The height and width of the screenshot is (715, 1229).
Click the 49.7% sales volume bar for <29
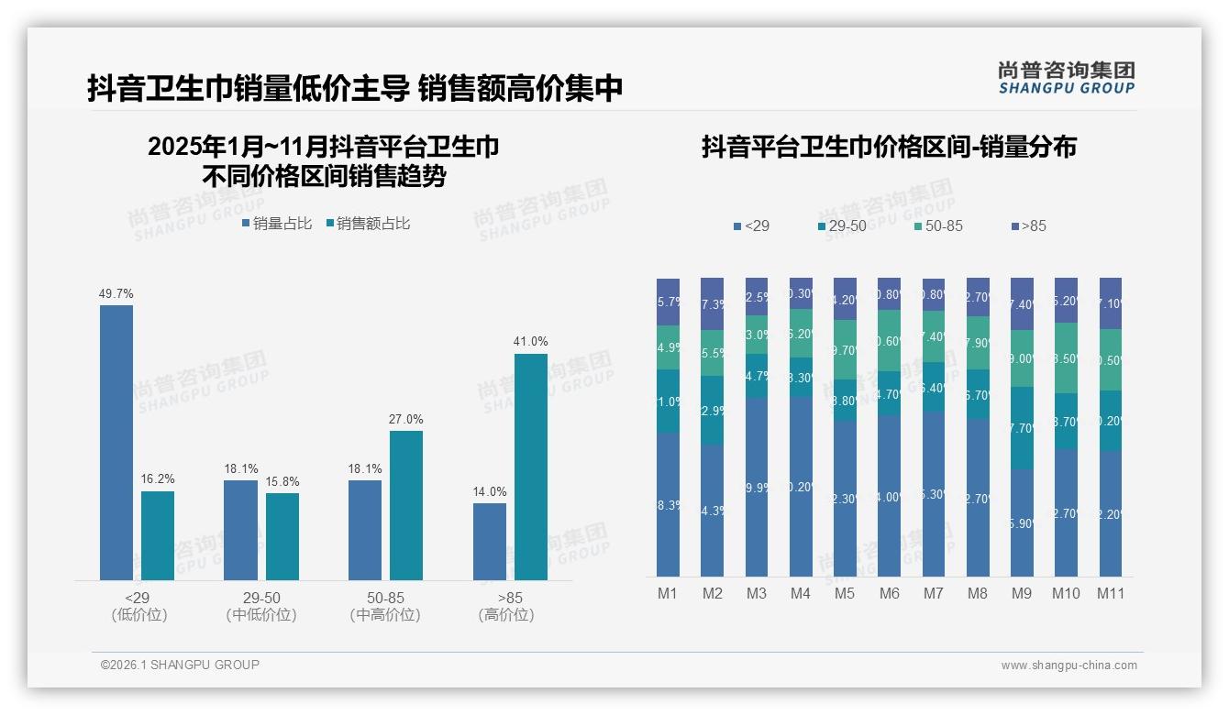pyautogui.click(x=116, y=442)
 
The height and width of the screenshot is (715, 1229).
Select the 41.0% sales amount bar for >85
pyautogui.click(x=530, y=467)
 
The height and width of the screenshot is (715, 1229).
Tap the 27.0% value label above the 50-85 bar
pyautogui.click(x=406, y=420)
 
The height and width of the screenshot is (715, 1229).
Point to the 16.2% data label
pyautogui.click(x=158, y=479)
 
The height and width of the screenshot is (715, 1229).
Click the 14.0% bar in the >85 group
pyautogui.click(x=490, y=541)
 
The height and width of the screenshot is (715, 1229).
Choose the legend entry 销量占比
pyautogui.click(x=277, y=224)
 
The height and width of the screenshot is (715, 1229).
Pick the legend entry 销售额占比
pyautogui.click(x=368, y=224)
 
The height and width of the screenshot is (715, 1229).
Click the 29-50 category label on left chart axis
pyautogui.click(x=261, y=598)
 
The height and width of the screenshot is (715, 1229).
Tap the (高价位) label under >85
pyautogui.click(x=505, y=615)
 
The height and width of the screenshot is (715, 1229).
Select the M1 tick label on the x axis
pyautogui.click(x=668, y=593)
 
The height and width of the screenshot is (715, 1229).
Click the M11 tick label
pyautogui.click(x=1111, y=593)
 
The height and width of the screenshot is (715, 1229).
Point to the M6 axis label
pyautogui.click(x=889, y=593)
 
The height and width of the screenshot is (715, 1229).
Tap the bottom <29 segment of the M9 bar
pyautogui.click(x=1022, y=522)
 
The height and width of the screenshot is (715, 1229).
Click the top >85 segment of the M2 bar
pyautogui.click(x=713, y=303)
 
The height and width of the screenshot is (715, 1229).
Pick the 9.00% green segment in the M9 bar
pyautogui.click(x=1022, y=358)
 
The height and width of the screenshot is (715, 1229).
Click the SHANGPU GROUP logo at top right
pyautogui.click(x=1067, y=78)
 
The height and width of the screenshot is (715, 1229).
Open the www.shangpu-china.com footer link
pyautogui.click(x=1068, y=665)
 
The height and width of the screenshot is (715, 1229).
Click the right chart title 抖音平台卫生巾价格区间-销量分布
pyautogui.click(x=889, y=147)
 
